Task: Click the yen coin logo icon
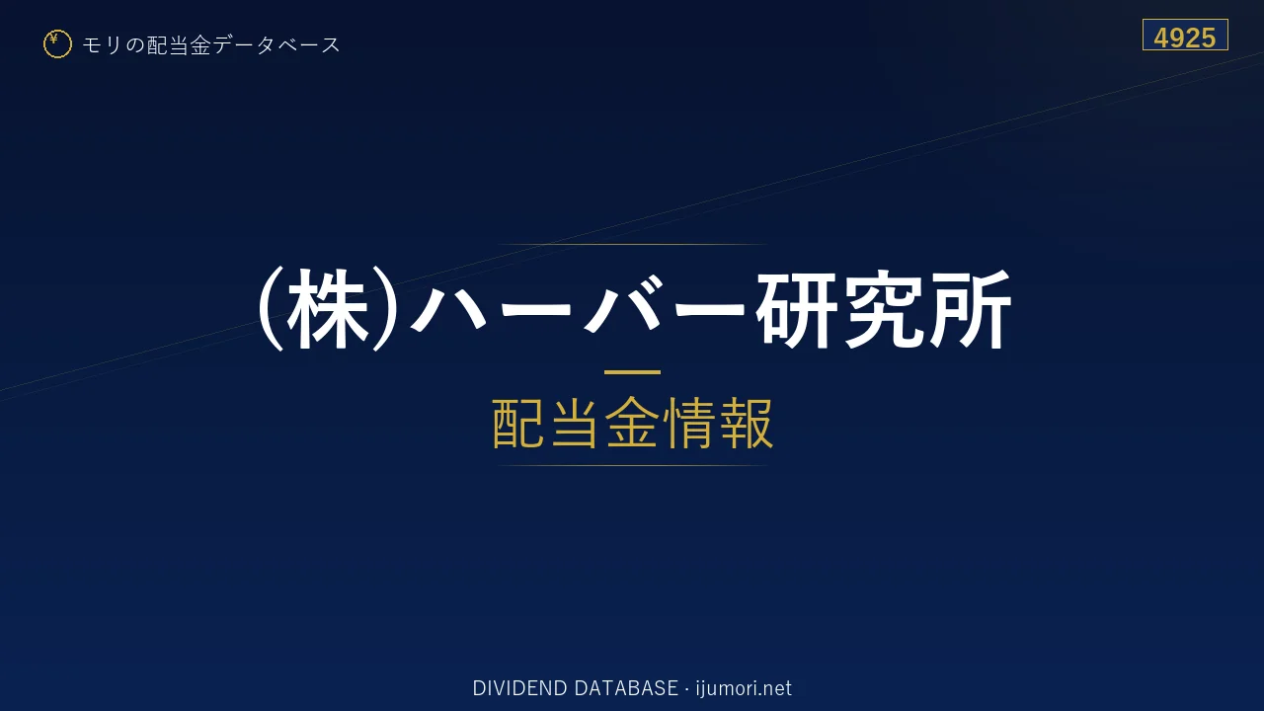57,44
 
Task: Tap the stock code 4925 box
1185,35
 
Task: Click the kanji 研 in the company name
796,309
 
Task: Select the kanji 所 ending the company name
970,309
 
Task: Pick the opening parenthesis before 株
270,309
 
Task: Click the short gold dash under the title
632,372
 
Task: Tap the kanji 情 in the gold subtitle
688,423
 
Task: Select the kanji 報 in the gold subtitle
746,423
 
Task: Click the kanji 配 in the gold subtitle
519,423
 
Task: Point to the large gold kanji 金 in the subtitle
632,423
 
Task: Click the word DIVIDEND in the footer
519,688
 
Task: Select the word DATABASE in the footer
626,688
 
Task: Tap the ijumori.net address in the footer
744,688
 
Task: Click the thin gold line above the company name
632,244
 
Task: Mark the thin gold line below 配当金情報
632,465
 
